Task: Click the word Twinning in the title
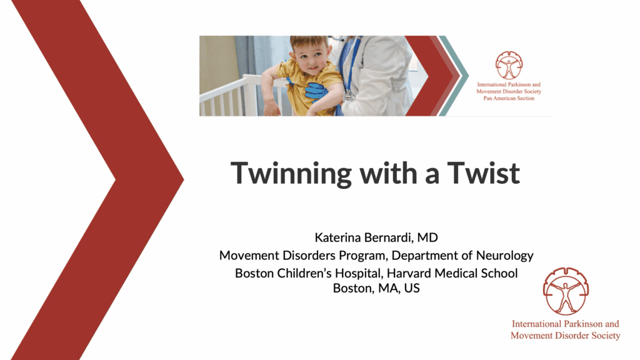click(x=291, y=174)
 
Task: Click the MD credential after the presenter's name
click(x=427, y=237)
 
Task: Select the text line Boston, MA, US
click(x=376, y=288)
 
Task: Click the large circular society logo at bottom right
click(x=566, y=291)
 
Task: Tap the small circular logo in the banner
click(x=509, y=65)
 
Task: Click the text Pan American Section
click(x=509, y=98)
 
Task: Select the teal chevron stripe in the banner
click(x=454, y=76)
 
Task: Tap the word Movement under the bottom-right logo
click(x=530, y=336)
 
